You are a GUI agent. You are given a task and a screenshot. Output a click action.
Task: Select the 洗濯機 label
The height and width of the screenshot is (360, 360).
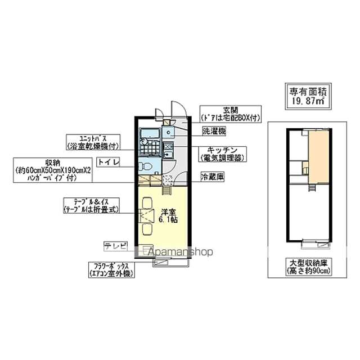(x=214, y=132)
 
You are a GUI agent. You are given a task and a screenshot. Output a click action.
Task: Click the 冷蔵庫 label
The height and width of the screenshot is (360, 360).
(x=213, y=177)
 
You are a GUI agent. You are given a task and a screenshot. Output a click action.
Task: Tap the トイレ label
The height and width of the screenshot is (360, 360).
(x=107, y=163)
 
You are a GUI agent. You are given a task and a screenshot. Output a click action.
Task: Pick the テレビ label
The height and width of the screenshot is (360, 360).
(x=115, y=246)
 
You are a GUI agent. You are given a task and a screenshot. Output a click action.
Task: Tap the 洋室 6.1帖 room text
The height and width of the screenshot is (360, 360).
(x=168, y=215)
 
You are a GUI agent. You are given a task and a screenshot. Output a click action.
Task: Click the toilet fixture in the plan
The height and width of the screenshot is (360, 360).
(x=145, y=166)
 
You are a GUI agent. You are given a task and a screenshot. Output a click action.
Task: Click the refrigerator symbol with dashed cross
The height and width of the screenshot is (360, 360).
(x=168, y=180)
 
